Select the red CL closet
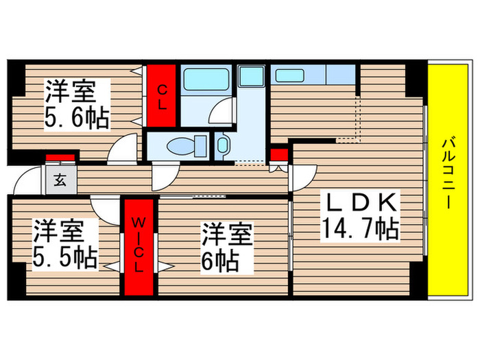(x=163, y=95)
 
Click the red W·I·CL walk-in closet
(x=139, y=245)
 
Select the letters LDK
(x=359, y=202)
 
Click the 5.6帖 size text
(x=76, y=119)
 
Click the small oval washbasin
(x=223, y=145)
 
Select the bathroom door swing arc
(x=224, y=112)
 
